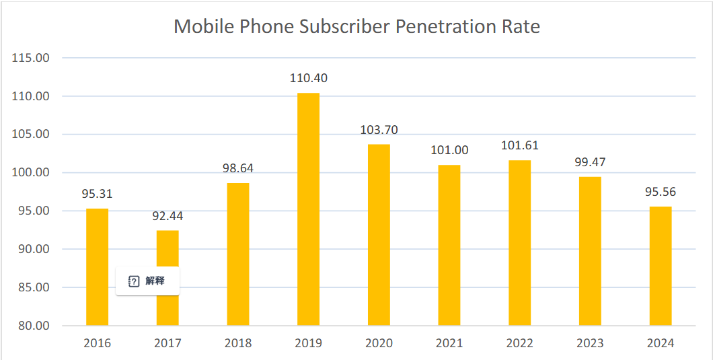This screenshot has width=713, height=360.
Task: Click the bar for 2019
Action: click(x=309, y=209)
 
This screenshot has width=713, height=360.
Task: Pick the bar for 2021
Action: click(x=449, y=245)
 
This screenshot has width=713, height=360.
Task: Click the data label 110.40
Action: click(x=309, y=78)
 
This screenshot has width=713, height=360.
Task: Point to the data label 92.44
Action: click(x=167, y=216)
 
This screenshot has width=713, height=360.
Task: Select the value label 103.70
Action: click(x=379, y=130)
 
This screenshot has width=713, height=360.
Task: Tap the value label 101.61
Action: click(x=520, y=145)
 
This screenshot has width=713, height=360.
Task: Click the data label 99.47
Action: click(x=590, y=162)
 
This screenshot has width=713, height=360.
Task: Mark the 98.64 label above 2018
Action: click(x=238, y=168)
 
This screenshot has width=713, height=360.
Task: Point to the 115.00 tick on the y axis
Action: click(x=32, y=58)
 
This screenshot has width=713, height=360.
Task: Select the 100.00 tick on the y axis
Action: click(x=32, y=173)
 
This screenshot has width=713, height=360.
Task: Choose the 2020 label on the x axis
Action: click(x=379, y=343)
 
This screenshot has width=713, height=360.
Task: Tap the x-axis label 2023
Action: click(x=590, y=343)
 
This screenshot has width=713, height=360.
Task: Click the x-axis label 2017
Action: click(x=167, y=343)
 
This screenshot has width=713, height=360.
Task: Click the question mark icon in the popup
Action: click(x=134, y=281)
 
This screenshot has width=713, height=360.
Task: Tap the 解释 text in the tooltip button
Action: click(x=155, y=281)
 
